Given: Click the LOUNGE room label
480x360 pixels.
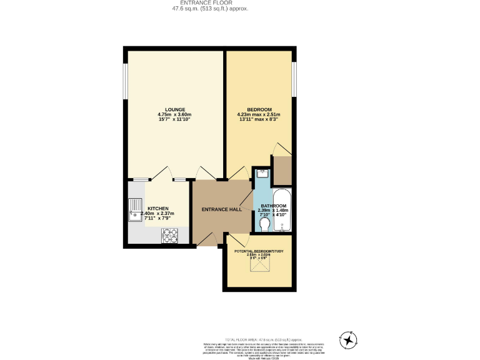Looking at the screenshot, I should (174, 110).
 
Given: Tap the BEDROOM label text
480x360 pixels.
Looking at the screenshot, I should (259, 110).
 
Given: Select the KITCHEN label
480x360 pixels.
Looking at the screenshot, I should (157, 208).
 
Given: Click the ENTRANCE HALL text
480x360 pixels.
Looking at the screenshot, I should (221, 209).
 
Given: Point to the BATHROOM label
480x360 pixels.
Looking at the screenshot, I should (273, 206).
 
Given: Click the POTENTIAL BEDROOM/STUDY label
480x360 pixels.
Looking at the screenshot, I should (259, 251).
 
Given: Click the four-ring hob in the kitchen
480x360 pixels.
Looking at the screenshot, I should (170, 235).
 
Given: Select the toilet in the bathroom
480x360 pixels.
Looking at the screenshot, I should (264, 223).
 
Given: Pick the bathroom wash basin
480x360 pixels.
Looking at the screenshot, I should (261, 173).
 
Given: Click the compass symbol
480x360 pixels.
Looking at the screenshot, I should (347, 339).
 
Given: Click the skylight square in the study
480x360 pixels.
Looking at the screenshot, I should (257, 267).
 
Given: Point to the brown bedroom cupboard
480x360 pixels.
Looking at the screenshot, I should (282, 170).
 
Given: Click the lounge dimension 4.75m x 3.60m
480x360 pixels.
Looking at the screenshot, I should (174, 115).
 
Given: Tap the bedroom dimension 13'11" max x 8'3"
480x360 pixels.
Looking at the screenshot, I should (259, 120).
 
